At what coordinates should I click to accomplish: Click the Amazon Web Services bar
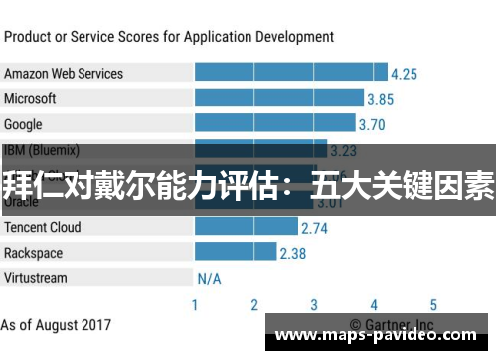pyautogui.click(x=290, y=73)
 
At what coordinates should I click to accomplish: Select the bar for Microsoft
pyautogui.click(x=278, y=98)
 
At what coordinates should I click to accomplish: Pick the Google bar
pyautogui.click(x=274, y=124)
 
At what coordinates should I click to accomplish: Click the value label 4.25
pyautogui.click(x=404, y=74)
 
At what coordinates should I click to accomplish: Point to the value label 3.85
pyautogui.click(x=380, y=99)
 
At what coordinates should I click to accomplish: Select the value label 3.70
pyautogui.click(x=371, y=125)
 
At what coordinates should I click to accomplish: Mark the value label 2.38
pyautogui.click(x=292, y=254)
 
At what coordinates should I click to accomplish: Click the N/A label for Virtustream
pyautogui.click(x=209, y=278)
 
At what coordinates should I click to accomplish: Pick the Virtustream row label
pyautogui.click(x=36, y=278)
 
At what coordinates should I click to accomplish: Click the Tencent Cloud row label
pyautogui.click(x=43, y=227)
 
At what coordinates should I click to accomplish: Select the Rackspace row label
pyautogui.click(x=33, y=253)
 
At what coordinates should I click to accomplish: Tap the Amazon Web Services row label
pyautogui.click(x=64, y=73)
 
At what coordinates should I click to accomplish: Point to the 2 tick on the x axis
pyautogui.click(x=254, y=305)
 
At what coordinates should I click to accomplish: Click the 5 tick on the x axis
pyautogui.click(x=433, y=305)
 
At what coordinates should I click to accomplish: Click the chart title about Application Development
pyautogui.click(x=169, y=37)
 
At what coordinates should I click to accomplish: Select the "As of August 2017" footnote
pyautogui.click(x=56, y=325)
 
